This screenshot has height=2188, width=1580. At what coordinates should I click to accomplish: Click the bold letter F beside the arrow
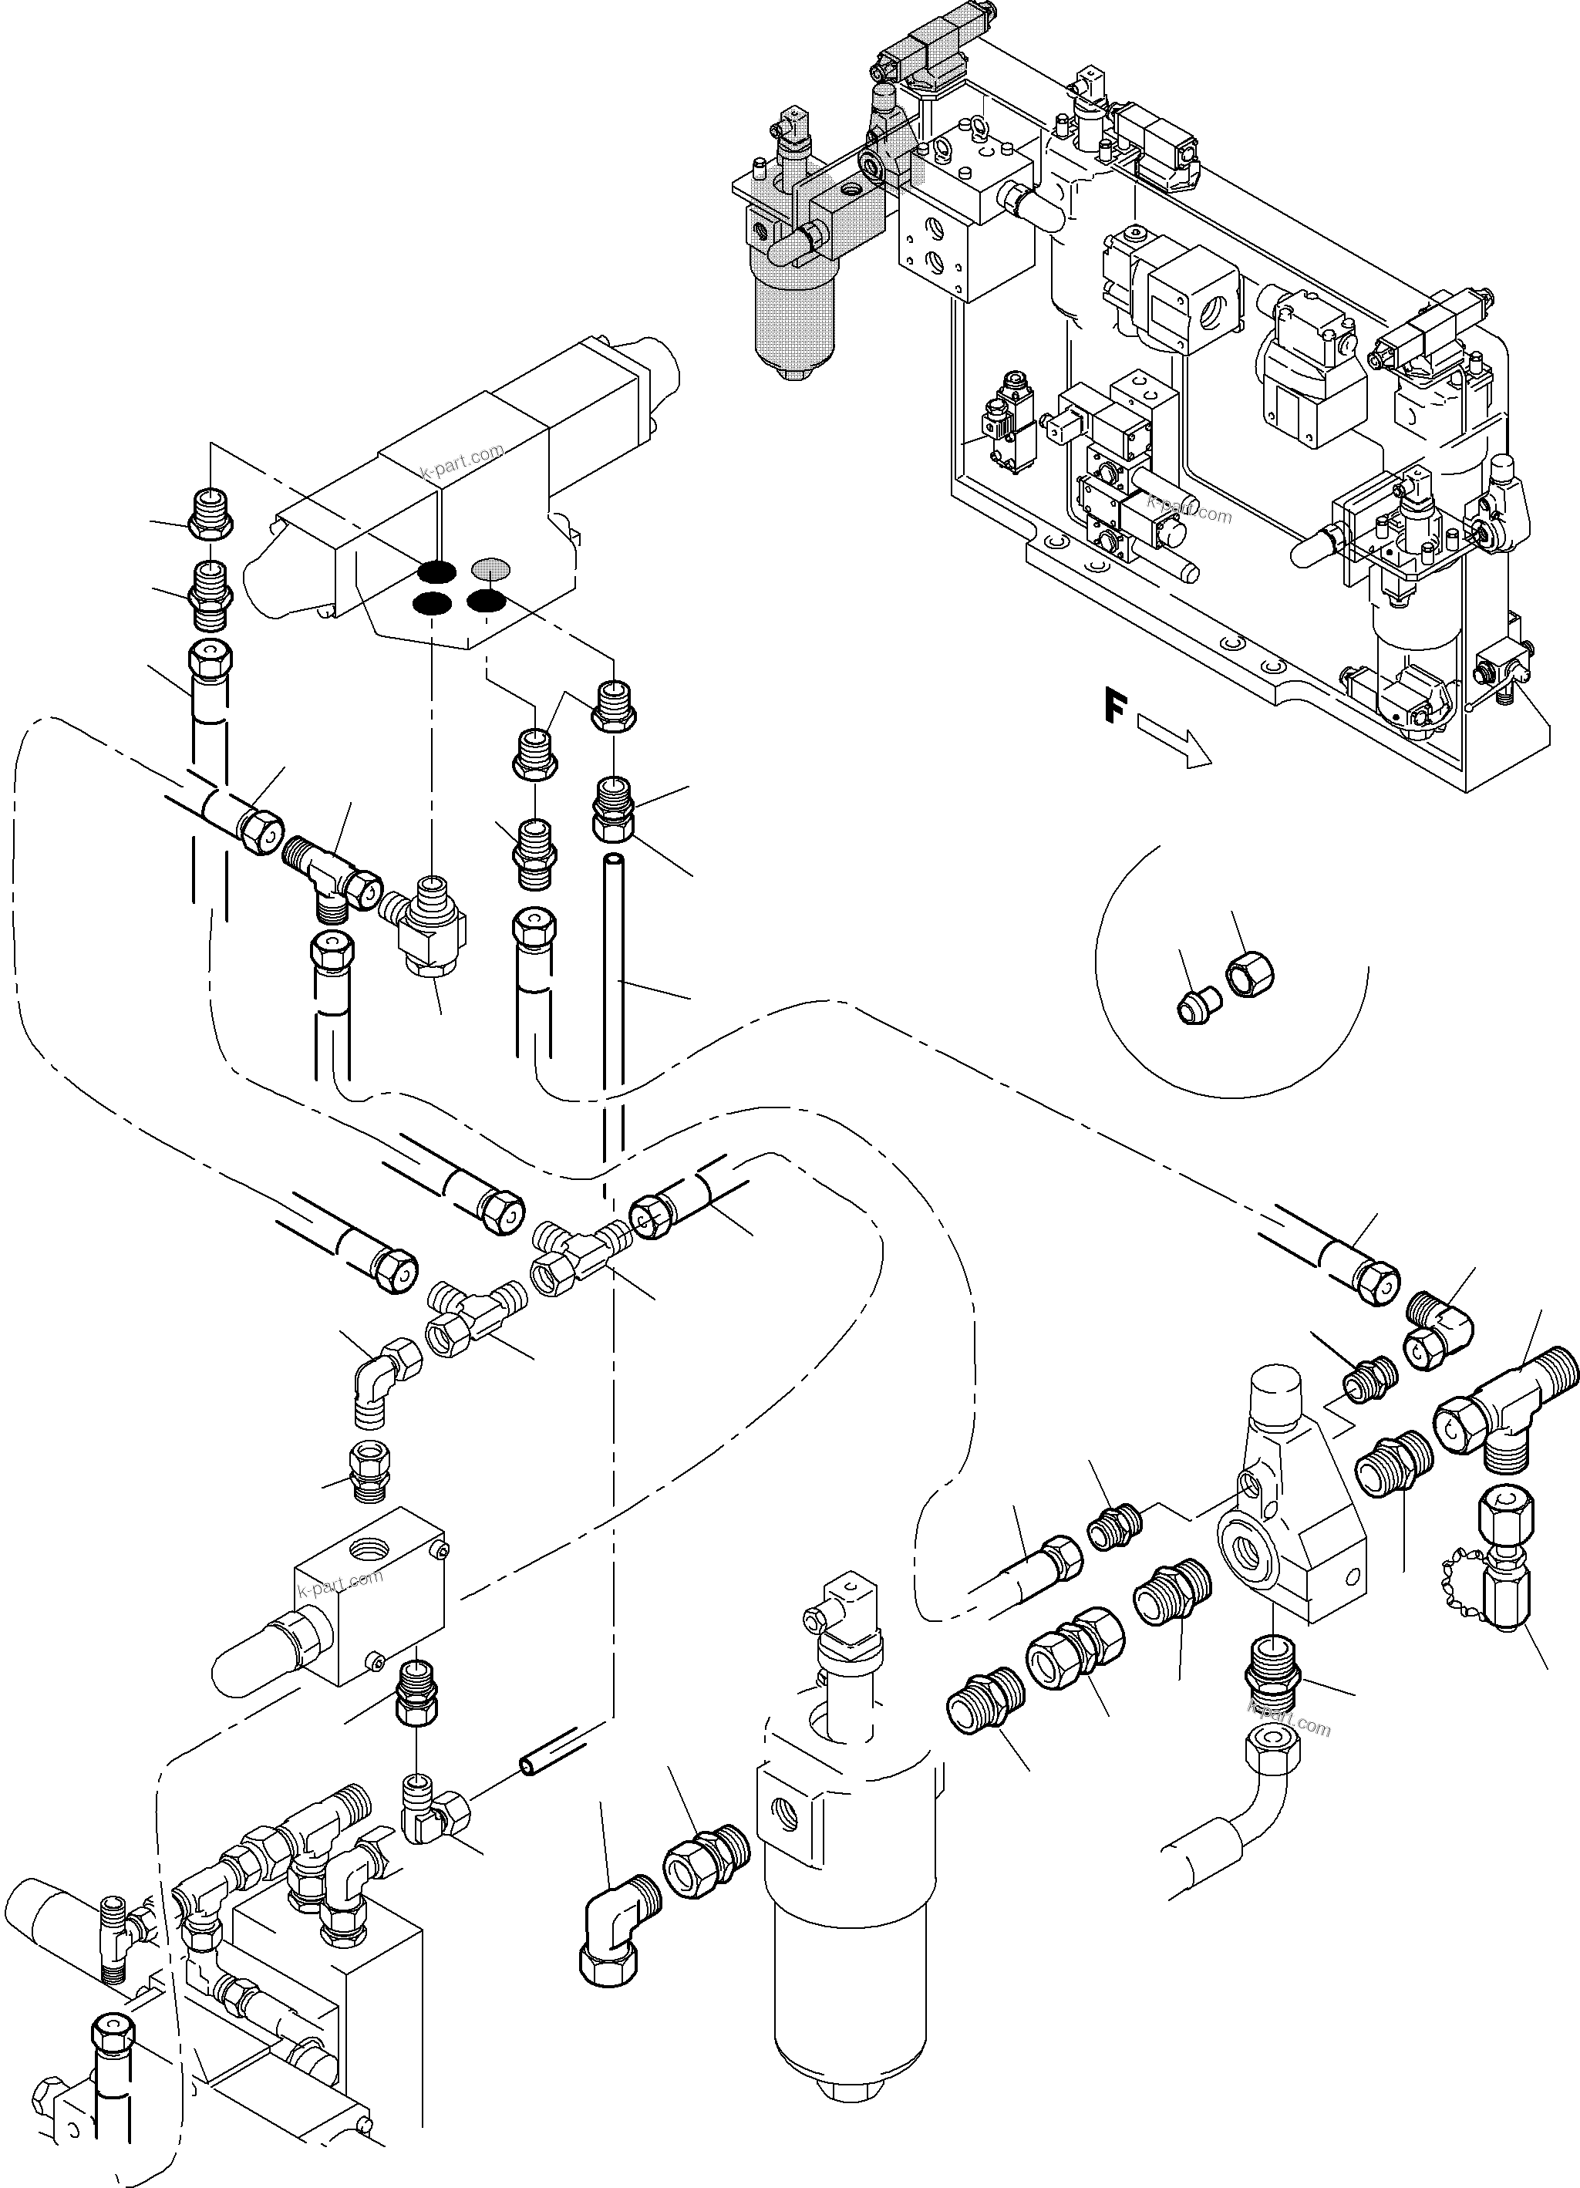[x=1115, y=708]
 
